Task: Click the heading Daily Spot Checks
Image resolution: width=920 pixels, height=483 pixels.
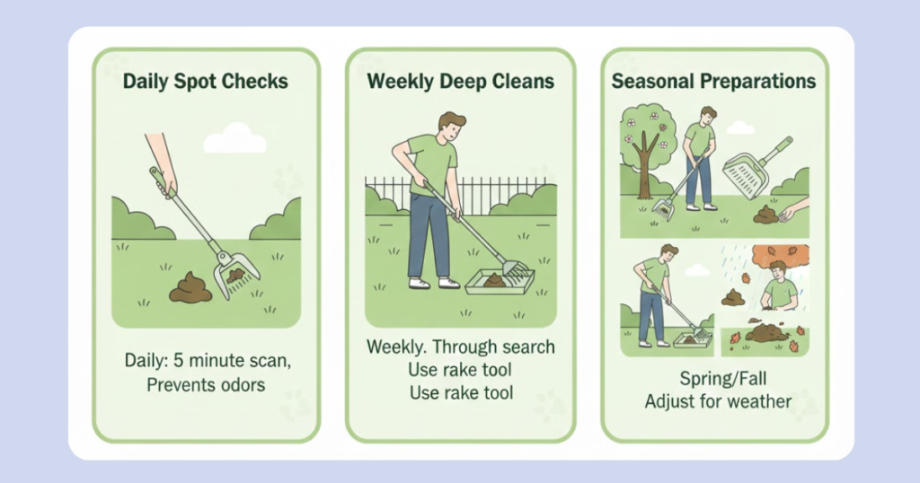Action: pos(206,82)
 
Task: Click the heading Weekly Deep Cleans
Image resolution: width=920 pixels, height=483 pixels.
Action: pos(461,82)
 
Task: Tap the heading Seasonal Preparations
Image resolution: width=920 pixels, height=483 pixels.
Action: pos(713,82)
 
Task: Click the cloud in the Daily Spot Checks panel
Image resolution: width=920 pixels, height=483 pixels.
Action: pos(234,138)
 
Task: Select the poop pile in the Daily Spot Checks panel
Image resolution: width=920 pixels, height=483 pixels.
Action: pos(190,288)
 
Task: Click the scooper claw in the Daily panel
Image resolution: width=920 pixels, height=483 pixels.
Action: pos(234,275)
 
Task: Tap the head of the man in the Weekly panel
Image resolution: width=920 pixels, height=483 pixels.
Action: pos(451,127)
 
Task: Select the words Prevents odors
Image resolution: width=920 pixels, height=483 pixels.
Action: pos(206,385)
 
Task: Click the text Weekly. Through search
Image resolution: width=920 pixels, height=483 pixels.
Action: pos(461,347)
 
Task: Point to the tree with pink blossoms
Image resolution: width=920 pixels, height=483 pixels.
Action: pos(647,143)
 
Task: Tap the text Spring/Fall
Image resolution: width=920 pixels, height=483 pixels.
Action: pos(723,379)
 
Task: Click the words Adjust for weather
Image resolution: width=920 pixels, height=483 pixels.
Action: pos(718,401)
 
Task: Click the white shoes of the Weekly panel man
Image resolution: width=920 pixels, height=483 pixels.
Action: pos(434,283)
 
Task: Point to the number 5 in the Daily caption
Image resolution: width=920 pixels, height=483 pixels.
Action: pos(179,360)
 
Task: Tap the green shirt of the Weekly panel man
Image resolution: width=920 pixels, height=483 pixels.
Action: pos(433,163)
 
